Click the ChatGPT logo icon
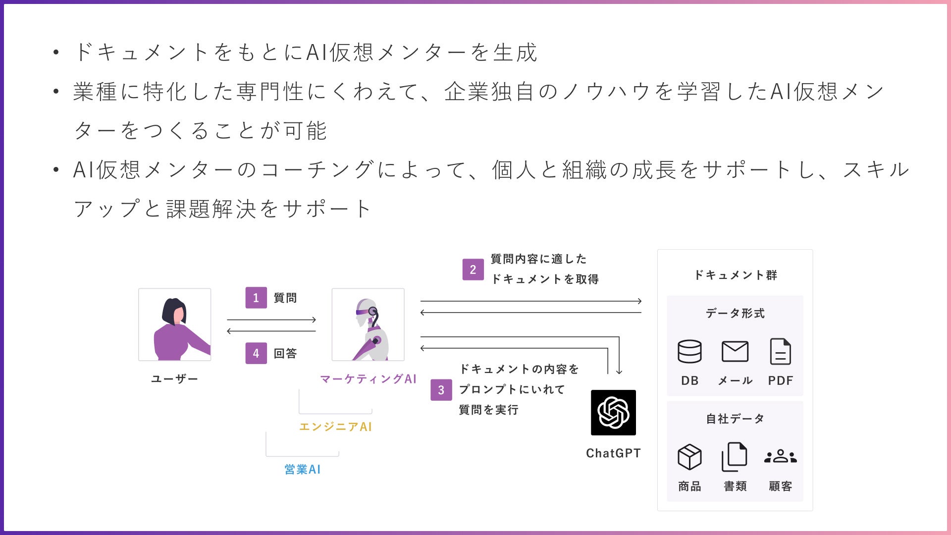click(x=613, y=412)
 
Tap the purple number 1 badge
click(x=256, y=298)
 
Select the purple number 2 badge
click(x=473, y=269)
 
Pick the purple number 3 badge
click(x=441, y=390)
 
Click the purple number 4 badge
click(x=256, y=353)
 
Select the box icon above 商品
click(x=689, y=456)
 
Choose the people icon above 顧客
click(x=781, y=456)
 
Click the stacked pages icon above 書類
click(x=735, y=456)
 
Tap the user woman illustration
click(x=175, y=324)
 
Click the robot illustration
click(x=368, y=324)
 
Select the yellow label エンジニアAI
click(x=335, y=427)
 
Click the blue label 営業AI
click(x=303, y=469)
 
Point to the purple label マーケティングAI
click(x=368, y=379)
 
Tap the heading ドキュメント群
click(x=736, y=275)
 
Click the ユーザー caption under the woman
click(x=174, y=379)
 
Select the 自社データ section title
click(x=735, y=419)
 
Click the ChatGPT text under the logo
click(x=613, y=453)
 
